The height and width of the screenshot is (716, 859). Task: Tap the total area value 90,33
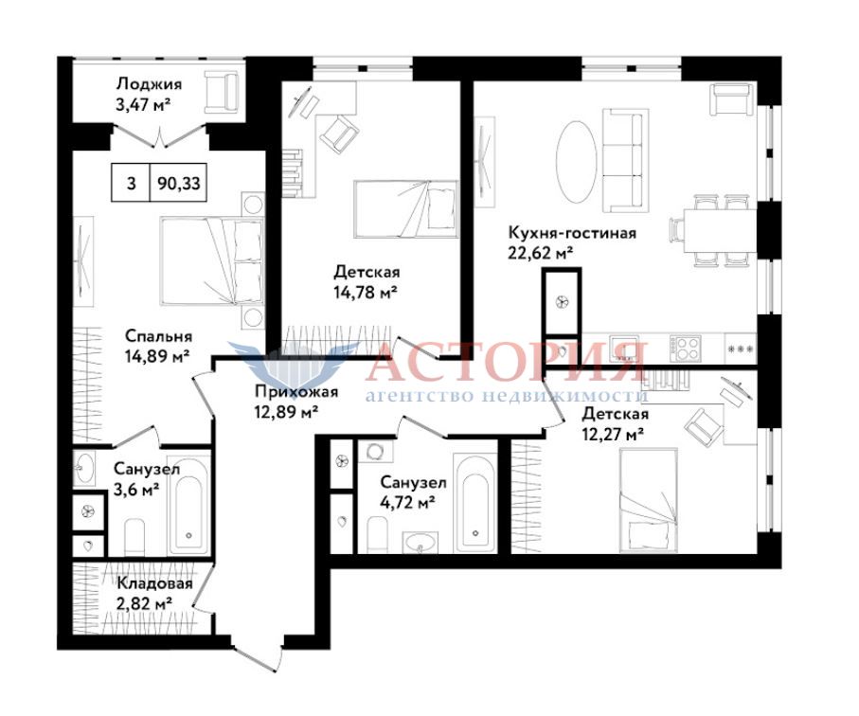179,183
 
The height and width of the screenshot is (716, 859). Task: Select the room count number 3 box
131,183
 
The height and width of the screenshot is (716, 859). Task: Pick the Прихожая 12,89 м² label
295,401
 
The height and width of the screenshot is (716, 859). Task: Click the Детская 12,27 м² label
616,423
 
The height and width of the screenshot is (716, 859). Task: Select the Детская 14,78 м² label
367,281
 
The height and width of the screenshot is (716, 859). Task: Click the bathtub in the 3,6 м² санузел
188,505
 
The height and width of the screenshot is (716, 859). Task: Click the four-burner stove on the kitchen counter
684,348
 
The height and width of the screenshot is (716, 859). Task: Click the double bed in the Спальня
211,261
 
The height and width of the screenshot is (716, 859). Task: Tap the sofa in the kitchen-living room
622,160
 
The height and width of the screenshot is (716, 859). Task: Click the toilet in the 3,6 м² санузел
134,537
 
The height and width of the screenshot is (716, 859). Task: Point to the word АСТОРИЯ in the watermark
506,362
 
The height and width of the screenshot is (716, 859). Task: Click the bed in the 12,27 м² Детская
649,501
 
